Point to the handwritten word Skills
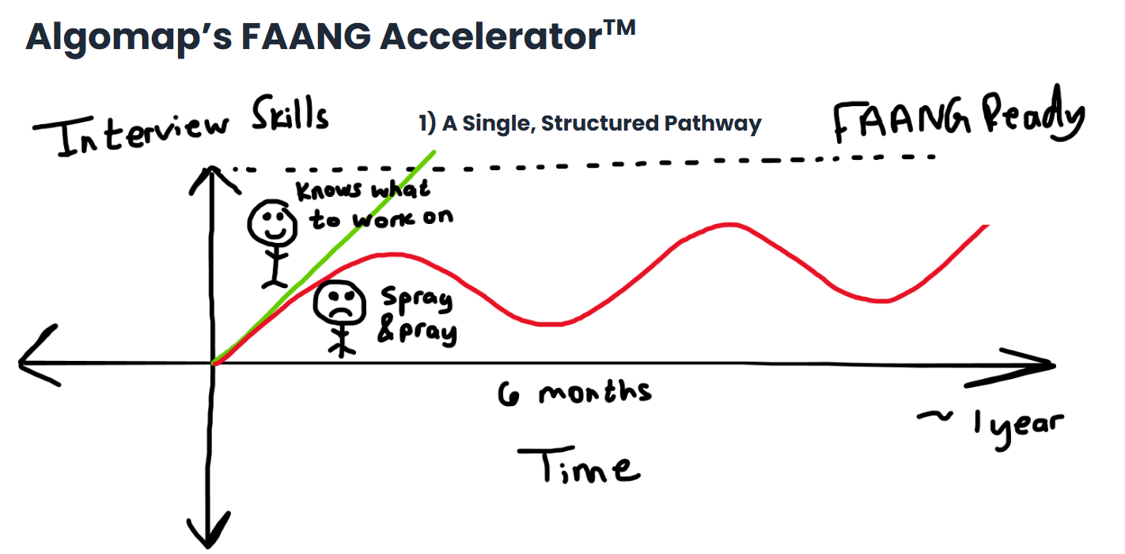(290, 116)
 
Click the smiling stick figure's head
(270, 224)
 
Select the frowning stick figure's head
(340, 305)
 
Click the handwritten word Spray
(416, 301)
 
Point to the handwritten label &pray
(417, 331)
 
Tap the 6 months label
(574, 392)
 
